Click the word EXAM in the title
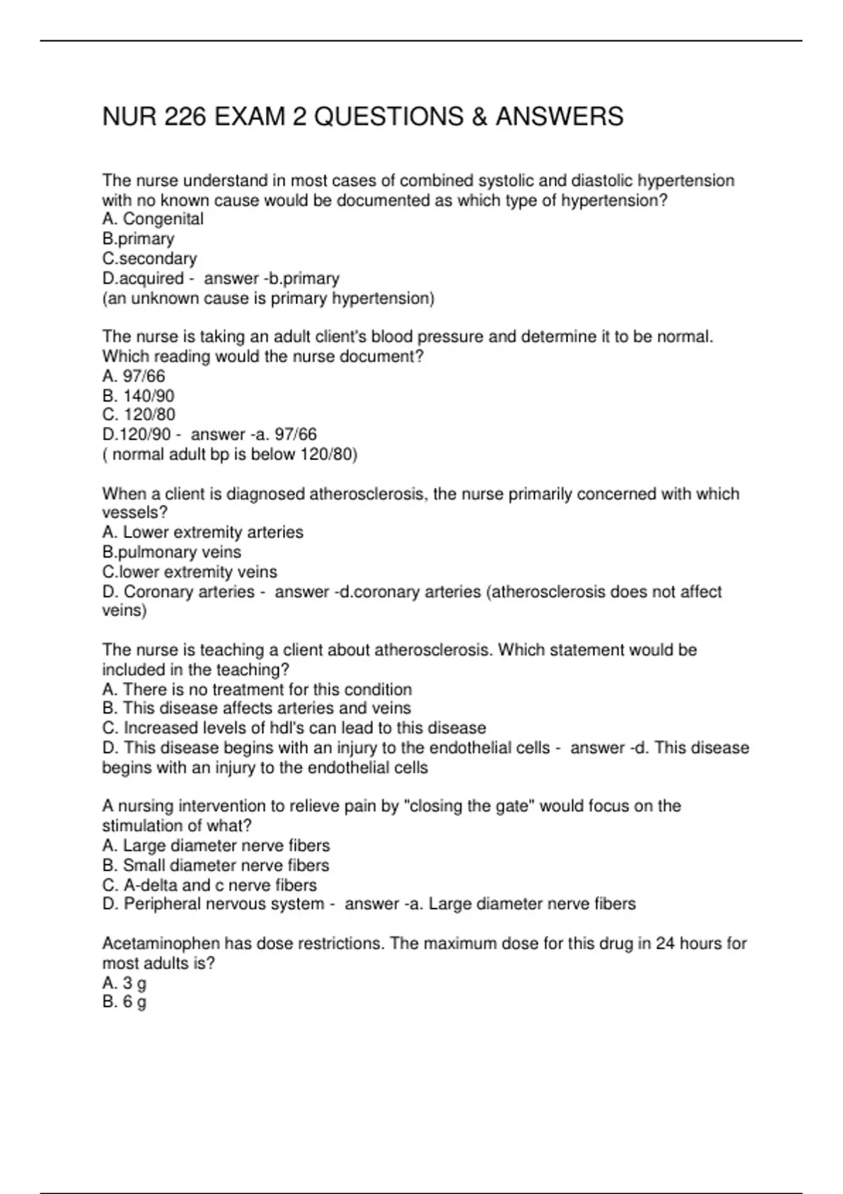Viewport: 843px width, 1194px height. [249, 117]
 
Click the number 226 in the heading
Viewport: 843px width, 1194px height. [185, 117]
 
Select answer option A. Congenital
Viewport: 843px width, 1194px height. [152, 219]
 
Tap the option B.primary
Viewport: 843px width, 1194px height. [138, 239]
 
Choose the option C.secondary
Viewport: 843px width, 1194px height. [149, 258]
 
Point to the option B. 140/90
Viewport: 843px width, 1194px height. [138, 395]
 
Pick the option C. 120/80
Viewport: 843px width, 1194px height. [138, 414]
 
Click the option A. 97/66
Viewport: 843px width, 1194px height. [133, 376]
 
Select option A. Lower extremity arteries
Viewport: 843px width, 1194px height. [202, 532]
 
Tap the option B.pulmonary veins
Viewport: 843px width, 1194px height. [171, 552]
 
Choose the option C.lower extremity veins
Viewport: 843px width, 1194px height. [189, 572]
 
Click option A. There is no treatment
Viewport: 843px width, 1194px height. [257, 689]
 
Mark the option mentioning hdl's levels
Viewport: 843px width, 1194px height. [294, 728]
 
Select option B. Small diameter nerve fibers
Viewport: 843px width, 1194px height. [216, 865]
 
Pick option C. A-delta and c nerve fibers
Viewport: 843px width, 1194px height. [209, 885]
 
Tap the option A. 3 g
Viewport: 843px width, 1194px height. [124, 983]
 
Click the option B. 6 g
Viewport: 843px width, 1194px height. [124, 1002]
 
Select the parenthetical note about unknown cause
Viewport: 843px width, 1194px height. [268, 298]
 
